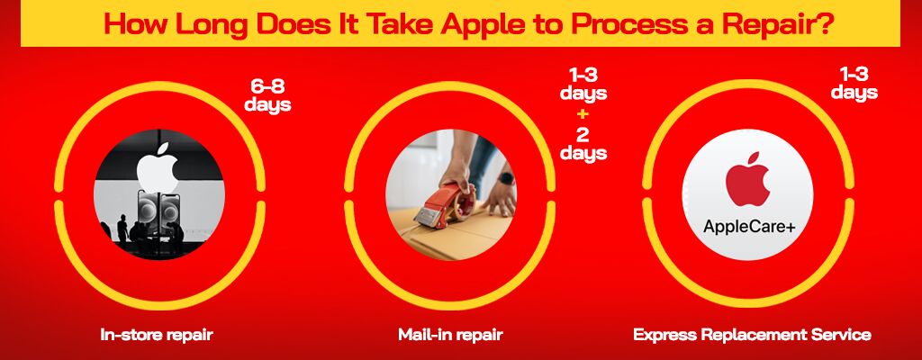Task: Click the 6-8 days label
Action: [x=267, y=95]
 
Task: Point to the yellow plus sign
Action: [x=583, y=113]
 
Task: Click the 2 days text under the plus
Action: [x=583, y=143]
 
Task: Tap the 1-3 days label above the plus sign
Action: [x=583, y=84]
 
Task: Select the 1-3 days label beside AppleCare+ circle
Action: [x=854, y=83]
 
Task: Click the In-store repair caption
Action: [x=157, y=336]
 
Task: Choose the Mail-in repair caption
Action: [x=450, y=336]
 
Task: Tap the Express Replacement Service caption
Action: [x=752, y=336]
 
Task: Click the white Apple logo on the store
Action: [x=158, y=167]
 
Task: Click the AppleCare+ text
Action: [x=748, y=226]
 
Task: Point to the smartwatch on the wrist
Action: [x=506, y=178]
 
